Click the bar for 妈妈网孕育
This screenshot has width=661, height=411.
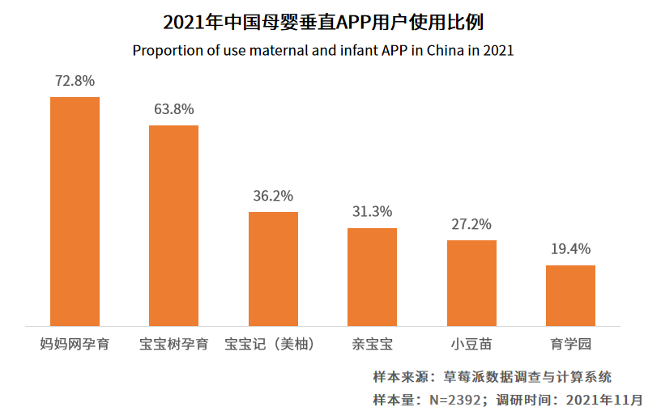tap(75, 211)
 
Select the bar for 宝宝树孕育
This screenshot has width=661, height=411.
tap(173, 226)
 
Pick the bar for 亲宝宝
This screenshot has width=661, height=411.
tap(372, 277)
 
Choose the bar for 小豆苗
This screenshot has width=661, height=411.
tap(471, 283)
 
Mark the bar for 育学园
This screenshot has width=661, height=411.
tap(570, 295)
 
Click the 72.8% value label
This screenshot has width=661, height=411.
tap(75, 81)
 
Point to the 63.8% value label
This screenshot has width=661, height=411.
tap(173, 109)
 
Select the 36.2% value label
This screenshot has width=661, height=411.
tap(273, 196)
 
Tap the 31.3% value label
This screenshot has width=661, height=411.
tap(372, 211)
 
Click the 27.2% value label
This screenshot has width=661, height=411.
tap(471, 224)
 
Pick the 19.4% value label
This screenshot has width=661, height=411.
tap(570, 248)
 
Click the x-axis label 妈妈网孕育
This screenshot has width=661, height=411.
tap(75, 344)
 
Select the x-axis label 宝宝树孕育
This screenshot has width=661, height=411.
tap(173, 344)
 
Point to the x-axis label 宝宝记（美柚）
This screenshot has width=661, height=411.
tap(273, 344)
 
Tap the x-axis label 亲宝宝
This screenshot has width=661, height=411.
tap(372, 344)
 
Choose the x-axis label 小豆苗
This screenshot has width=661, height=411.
tap(471, 344)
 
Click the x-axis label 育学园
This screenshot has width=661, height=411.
tap(570, 344)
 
